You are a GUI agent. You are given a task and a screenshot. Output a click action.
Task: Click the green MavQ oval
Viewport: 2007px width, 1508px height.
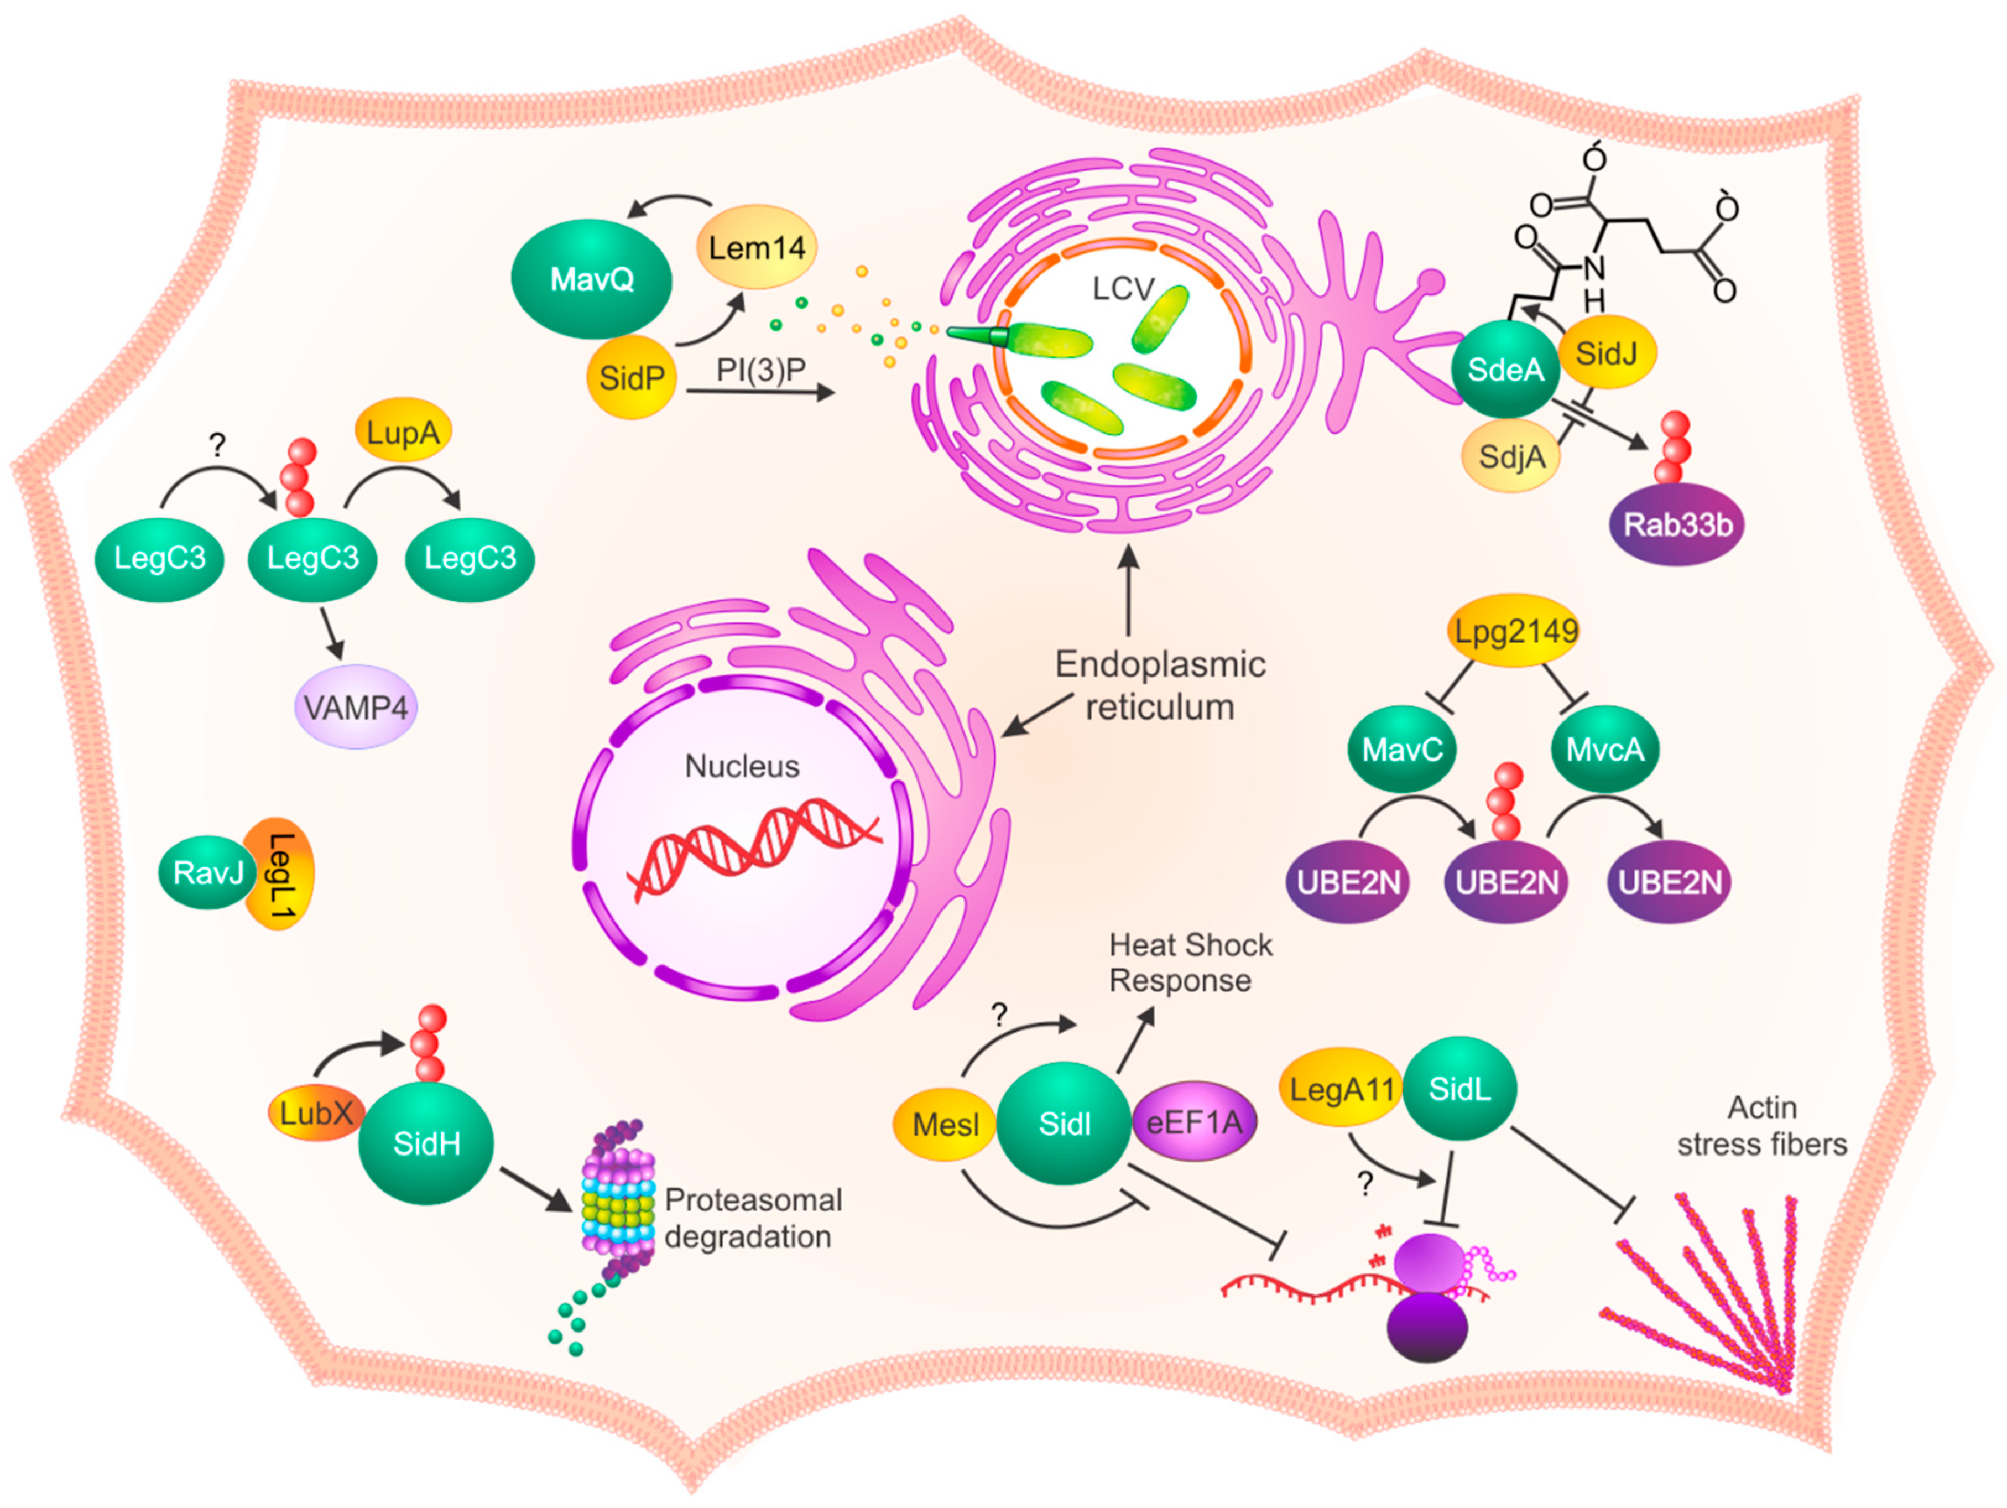592,279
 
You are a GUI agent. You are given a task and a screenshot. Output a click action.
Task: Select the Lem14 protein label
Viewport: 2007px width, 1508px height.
756,247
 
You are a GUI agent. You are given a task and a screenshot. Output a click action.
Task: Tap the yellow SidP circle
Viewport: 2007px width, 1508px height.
632,377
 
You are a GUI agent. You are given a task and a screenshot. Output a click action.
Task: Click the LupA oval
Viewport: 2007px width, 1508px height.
403,432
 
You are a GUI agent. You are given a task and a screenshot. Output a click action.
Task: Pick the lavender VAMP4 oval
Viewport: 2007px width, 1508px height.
356,708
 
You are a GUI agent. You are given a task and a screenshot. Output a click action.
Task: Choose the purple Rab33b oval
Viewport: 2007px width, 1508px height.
1677,524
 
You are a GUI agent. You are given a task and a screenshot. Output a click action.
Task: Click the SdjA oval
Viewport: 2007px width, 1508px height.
1511,455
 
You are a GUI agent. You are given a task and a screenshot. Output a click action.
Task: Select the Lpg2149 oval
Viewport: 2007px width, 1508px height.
1515,631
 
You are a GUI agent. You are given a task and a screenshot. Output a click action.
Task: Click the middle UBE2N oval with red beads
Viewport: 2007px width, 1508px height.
1506,881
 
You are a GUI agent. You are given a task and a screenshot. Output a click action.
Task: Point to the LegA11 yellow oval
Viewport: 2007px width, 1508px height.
1341,1089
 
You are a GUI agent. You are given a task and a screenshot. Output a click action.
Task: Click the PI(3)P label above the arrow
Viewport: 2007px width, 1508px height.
760,370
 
